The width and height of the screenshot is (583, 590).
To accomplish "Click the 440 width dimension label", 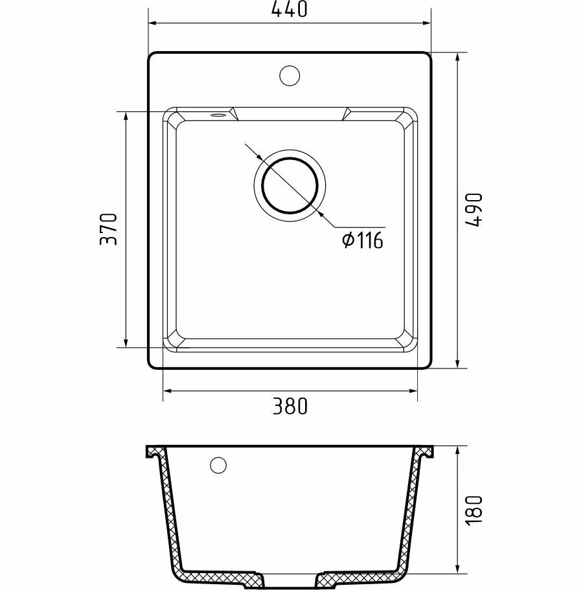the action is (x=289, y=10).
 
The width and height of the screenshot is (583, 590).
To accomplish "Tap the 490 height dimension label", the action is (x=474, y=210).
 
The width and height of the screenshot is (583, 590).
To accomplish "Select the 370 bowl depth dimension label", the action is (x=109, y=229).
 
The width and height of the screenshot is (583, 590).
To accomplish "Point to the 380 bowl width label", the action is (x=290, y=406).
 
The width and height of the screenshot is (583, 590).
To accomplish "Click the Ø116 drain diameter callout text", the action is (x=363, y=240).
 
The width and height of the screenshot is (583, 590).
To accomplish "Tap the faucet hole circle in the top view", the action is (x=290, y=76).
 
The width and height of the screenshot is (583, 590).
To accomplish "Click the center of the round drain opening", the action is (x=290, y=185).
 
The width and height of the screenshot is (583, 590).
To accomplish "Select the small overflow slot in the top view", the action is (x=217, y=115).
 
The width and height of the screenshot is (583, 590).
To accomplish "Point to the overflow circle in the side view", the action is (x=218, y=465).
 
